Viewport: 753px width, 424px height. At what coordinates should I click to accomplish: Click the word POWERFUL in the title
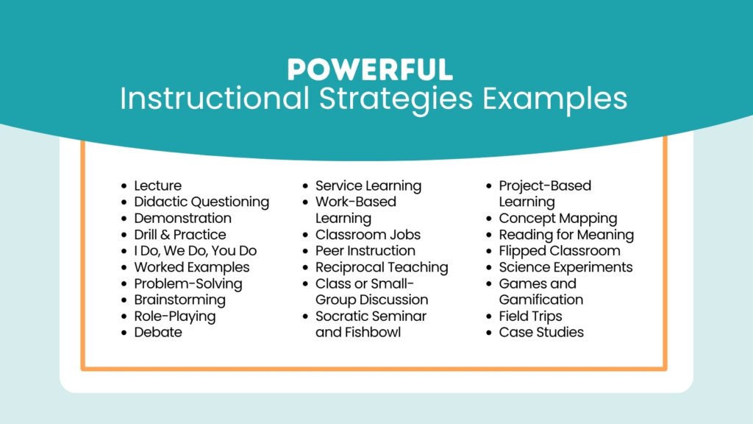[x=370, y=69]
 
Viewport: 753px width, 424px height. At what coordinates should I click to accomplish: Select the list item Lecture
[x=157, y=185]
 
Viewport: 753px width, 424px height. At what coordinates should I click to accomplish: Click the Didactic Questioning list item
[x=201, y=202]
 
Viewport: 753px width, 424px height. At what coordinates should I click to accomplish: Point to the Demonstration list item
[x=182, y=218]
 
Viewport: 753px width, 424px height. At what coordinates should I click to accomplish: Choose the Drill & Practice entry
[x=179, y=235]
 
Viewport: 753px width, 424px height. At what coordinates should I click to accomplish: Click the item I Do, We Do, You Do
[x=195, y=251]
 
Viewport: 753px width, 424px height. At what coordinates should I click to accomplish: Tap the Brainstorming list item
[x=179, y=300]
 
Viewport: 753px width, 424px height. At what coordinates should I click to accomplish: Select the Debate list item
[x=157, y=332]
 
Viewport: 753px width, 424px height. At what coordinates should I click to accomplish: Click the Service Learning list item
[x=368, y=185]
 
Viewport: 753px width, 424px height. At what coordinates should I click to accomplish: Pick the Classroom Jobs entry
[x=368, y=235]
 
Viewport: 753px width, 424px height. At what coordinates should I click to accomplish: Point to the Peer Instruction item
[x=365, y=251]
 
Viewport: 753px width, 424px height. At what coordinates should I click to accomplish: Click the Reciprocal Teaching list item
[x=382, y=267]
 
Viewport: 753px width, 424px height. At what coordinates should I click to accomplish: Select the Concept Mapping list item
[x=558, y=219]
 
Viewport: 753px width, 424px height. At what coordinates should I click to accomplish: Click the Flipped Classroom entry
[x=560, y=251]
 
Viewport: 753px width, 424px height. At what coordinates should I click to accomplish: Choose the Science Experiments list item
[x=565, y=267]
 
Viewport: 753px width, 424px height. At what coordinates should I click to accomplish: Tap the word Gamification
[x=540, y=300]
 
